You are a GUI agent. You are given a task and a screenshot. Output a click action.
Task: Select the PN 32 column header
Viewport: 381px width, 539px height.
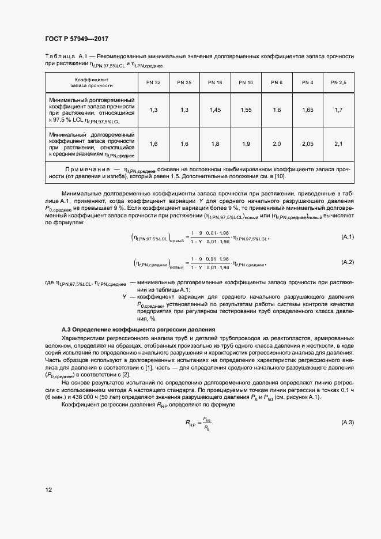(153, 83)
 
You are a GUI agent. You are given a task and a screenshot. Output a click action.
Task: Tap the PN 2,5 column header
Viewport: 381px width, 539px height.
(338, 83)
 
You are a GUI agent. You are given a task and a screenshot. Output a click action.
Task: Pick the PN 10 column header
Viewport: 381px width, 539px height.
(246, 83)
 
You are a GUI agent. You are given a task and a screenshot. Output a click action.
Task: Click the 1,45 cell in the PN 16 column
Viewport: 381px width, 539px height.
(216, 110)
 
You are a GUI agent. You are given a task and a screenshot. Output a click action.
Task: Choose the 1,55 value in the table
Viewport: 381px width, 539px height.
(246, 110)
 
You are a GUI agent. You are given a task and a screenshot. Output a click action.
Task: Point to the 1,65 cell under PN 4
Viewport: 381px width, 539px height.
(308, 110)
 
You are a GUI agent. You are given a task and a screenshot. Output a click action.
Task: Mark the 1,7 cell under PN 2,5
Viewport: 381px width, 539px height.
(338, 110)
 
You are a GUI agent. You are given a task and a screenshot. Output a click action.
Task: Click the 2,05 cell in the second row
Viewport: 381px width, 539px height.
(308, 144)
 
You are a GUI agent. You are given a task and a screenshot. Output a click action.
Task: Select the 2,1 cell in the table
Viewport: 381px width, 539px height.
(338, 144)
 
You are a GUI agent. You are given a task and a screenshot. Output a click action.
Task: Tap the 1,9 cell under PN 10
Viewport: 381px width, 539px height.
(246, 144)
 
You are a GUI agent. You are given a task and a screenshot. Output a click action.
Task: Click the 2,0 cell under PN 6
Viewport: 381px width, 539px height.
(277, 144)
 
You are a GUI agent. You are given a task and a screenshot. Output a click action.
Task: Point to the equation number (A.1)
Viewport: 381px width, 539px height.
(348, 238)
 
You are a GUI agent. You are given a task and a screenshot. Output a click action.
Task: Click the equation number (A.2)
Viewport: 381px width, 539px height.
(348, 262)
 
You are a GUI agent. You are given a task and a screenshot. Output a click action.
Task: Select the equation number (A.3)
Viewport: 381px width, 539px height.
(348, 423)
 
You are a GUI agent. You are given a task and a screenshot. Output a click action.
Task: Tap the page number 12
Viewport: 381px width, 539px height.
(49, 489)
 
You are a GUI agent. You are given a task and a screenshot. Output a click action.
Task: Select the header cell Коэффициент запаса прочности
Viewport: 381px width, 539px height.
(92, 83)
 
